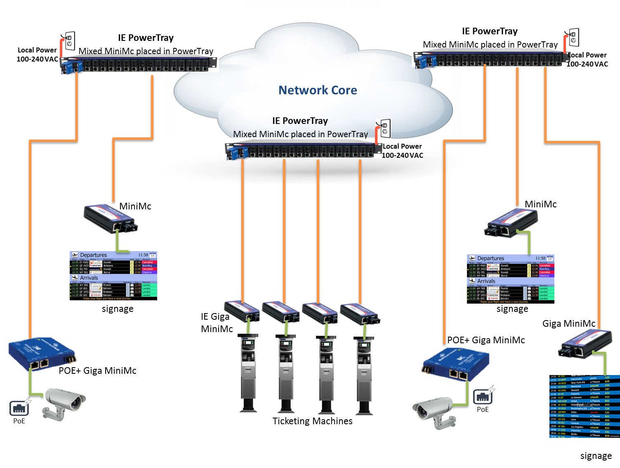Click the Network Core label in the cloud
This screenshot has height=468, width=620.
click(318, 90)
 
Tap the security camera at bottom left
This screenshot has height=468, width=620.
click(64, 403)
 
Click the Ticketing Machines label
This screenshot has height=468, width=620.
click(312, 421)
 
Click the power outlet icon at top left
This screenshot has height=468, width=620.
click(70, 41)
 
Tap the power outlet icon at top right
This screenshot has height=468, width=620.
click(573, 38)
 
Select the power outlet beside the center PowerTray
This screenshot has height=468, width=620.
click(385, 128)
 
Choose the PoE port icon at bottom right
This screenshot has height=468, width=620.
click(482, 397)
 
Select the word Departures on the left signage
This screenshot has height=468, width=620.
click(93, 255)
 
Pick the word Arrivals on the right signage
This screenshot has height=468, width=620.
click(486, 281)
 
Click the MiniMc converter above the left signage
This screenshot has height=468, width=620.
click(111, 219)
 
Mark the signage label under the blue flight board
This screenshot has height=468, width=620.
click(596, 456)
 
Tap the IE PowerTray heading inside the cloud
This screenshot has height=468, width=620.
click(300, 121)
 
